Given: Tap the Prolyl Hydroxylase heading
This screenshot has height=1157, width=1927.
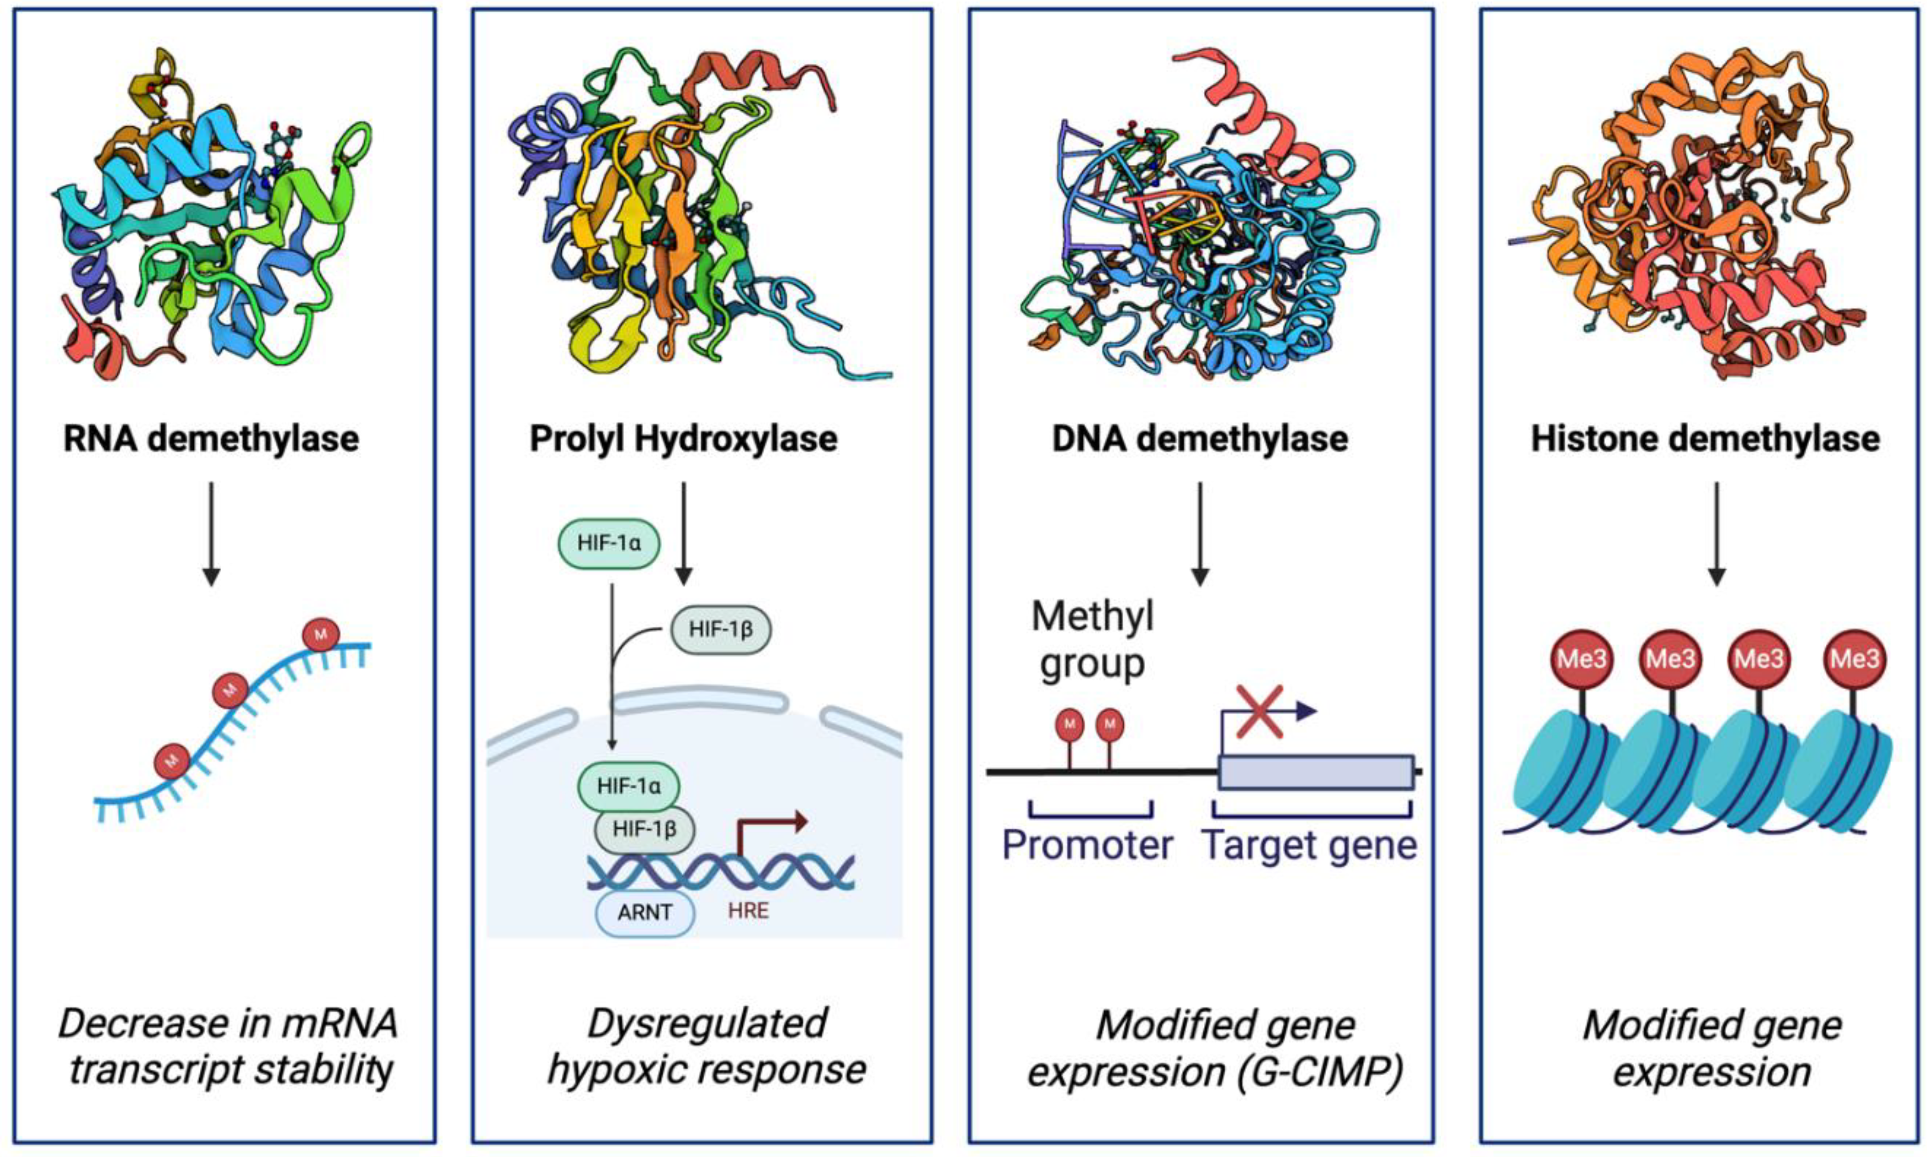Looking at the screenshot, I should tap(683, 439).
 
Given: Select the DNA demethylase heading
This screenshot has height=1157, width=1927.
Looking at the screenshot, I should tap(1199, 439).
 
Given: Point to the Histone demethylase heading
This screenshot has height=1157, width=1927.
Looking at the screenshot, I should tap(1705, 439).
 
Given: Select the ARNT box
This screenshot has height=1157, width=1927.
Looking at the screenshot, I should tap(644, 912).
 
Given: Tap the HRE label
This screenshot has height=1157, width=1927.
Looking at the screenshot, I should tap(748, 911).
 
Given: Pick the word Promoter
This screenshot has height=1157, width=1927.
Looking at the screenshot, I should tap(1087, 846).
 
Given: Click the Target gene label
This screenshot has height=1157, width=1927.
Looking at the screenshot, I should tap(1309, 846).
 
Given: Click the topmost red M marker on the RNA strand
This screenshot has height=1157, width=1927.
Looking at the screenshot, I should tap(320, 634).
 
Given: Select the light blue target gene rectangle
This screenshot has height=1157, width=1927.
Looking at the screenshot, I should tap(1315, 772).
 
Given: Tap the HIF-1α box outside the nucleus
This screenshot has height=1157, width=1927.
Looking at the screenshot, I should tap(608, 543).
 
